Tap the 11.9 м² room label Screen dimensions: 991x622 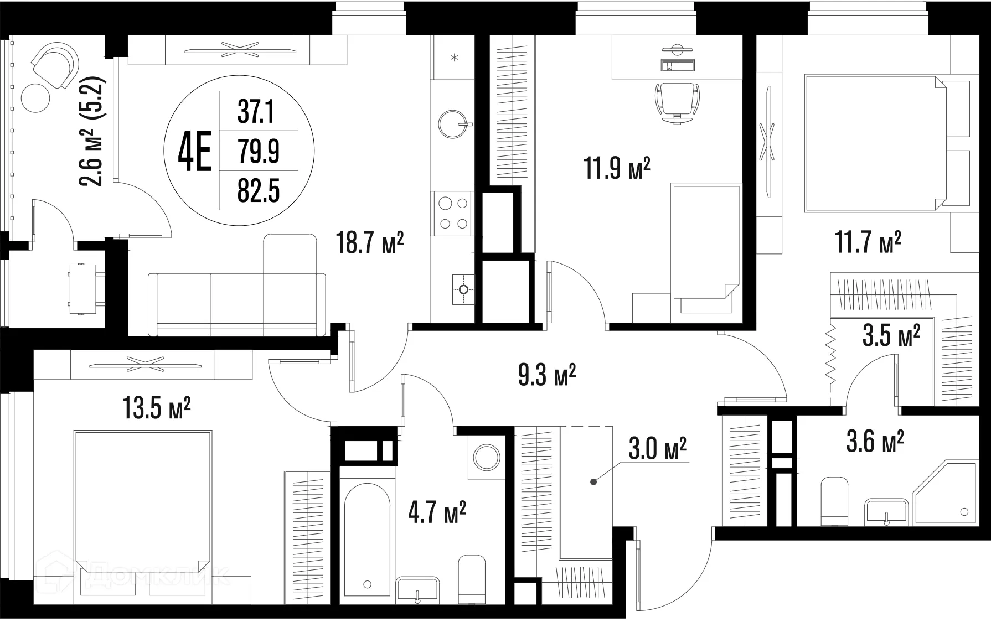pos(617,168)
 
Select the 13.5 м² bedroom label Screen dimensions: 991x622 pos(157,410)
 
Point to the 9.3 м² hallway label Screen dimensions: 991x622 pos(547,375)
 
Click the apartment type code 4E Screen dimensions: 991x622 pos(194,150)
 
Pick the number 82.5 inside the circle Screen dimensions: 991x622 pos(259,191)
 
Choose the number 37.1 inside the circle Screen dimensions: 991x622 pos(256,113)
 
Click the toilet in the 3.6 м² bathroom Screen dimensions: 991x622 pos(834,500)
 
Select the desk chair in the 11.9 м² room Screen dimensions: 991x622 pos(677,103)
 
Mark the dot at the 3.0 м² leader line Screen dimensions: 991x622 pos(593,481)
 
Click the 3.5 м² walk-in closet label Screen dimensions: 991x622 pos(891,336)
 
